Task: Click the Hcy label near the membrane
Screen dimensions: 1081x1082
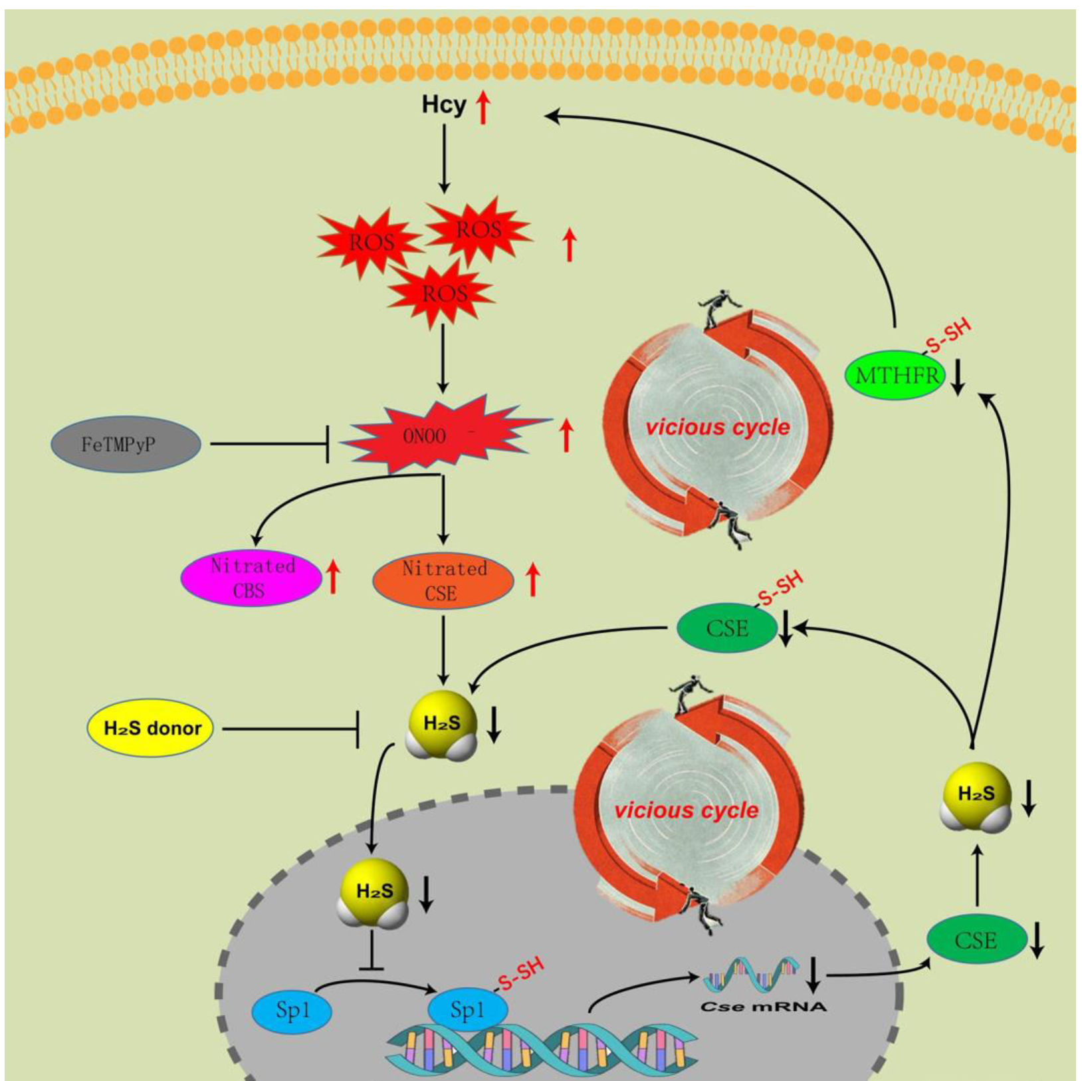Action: pos(444,105)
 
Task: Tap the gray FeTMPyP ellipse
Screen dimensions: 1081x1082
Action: pos(126,444)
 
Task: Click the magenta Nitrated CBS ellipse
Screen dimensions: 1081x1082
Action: pos(251,578)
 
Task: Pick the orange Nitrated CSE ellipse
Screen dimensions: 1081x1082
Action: pos(443,581)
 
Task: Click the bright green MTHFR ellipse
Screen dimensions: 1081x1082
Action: pos(895,376)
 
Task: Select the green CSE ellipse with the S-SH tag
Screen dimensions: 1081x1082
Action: pos(726,628)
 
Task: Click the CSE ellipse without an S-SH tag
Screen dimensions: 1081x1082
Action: pos(976,940)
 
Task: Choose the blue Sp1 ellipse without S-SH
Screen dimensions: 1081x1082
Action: pos(292,1011)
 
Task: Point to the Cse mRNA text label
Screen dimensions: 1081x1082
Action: pos(764,1007)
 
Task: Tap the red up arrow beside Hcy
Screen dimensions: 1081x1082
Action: pos(483,108)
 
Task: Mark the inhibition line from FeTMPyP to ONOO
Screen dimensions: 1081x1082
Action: pos(269,443)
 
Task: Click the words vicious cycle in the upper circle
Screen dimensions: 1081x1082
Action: pos(718,427)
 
